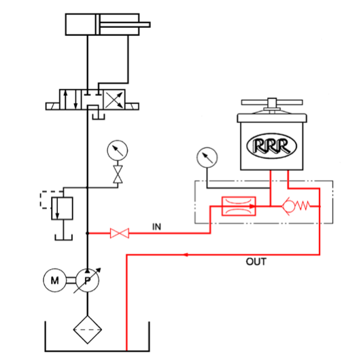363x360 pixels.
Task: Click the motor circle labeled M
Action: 54,280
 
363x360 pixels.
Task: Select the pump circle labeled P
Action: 88,280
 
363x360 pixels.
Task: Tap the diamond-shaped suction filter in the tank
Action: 88,329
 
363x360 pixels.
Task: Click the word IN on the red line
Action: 156,227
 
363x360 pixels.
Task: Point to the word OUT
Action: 256,262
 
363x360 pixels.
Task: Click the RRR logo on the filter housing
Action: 271,146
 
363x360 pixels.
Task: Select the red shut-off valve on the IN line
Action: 120,233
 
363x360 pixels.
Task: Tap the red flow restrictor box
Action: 239,206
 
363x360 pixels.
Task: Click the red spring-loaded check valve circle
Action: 288,206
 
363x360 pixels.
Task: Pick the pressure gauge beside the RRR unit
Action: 207,158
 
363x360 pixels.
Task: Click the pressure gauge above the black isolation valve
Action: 118,150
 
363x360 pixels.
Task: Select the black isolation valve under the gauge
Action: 118,174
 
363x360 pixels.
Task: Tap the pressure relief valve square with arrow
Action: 62,209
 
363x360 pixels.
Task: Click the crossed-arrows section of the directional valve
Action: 114,99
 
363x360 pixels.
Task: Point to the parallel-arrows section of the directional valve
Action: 71,99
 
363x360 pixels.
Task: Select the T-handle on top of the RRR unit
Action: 272,103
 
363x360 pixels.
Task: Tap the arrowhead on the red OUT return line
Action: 186,255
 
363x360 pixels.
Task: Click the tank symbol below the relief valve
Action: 63,237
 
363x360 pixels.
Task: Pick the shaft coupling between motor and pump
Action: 71,280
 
